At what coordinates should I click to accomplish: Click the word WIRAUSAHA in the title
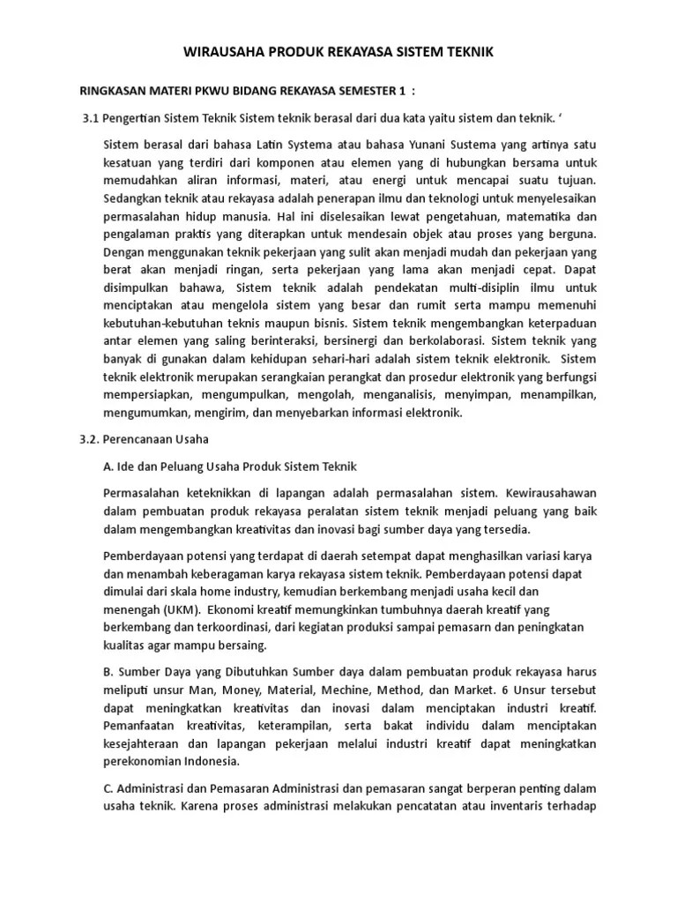[x=220, y=53]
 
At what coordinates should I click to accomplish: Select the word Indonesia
[x=211, y=762]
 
